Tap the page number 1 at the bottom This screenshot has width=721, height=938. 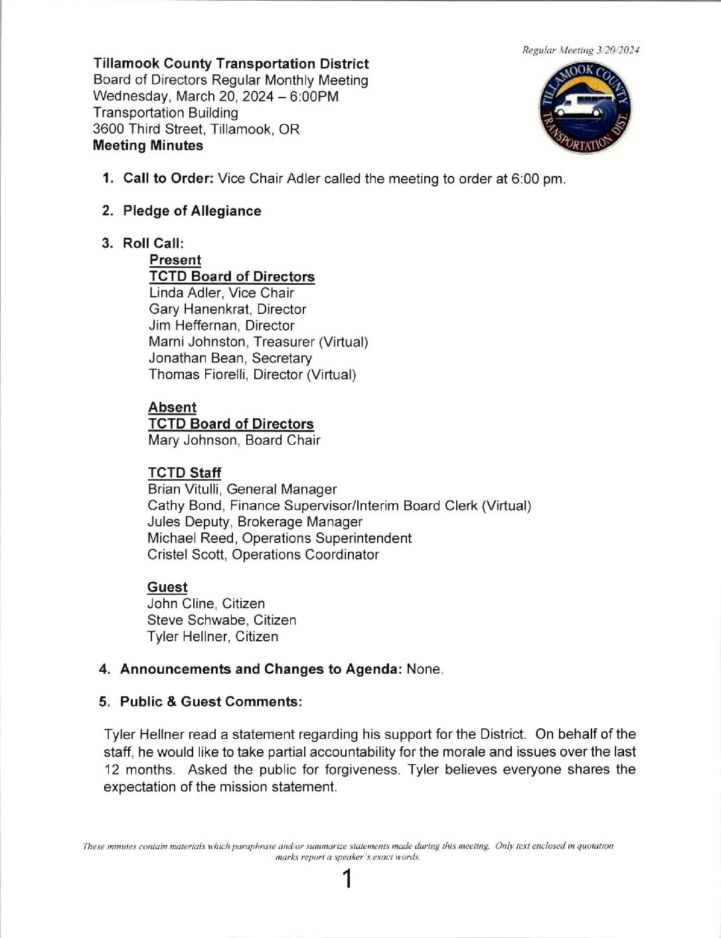(346, 880)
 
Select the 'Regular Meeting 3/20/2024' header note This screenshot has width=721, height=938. (580, 50)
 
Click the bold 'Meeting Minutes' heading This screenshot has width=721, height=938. (148, 145)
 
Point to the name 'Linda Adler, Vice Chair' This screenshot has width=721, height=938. (221, 293)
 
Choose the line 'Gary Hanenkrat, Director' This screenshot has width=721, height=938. (227, 309)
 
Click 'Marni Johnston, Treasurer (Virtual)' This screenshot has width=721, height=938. (258, 342)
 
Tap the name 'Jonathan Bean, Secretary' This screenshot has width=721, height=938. (230, 358)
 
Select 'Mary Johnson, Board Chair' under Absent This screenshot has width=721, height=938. (234, 440)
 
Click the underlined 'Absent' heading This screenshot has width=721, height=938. (172, 408)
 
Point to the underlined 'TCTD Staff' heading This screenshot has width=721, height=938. (184, 473)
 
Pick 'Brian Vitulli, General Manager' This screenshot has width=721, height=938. (242, 489)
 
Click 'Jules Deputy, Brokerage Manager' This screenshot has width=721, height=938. (254, 522)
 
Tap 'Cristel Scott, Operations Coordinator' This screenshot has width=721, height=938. (263, 554)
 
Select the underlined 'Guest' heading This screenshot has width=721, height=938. (167, 587)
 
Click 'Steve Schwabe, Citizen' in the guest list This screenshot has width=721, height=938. (221, 620)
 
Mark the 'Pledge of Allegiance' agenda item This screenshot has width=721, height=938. (192, 211)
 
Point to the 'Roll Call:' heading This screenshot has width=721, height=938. (153, 243)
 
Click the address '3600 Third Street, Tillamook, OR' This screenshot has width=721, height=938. (196, 129)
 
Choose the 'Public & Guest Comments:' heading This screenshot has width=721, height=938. (211, 702)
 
